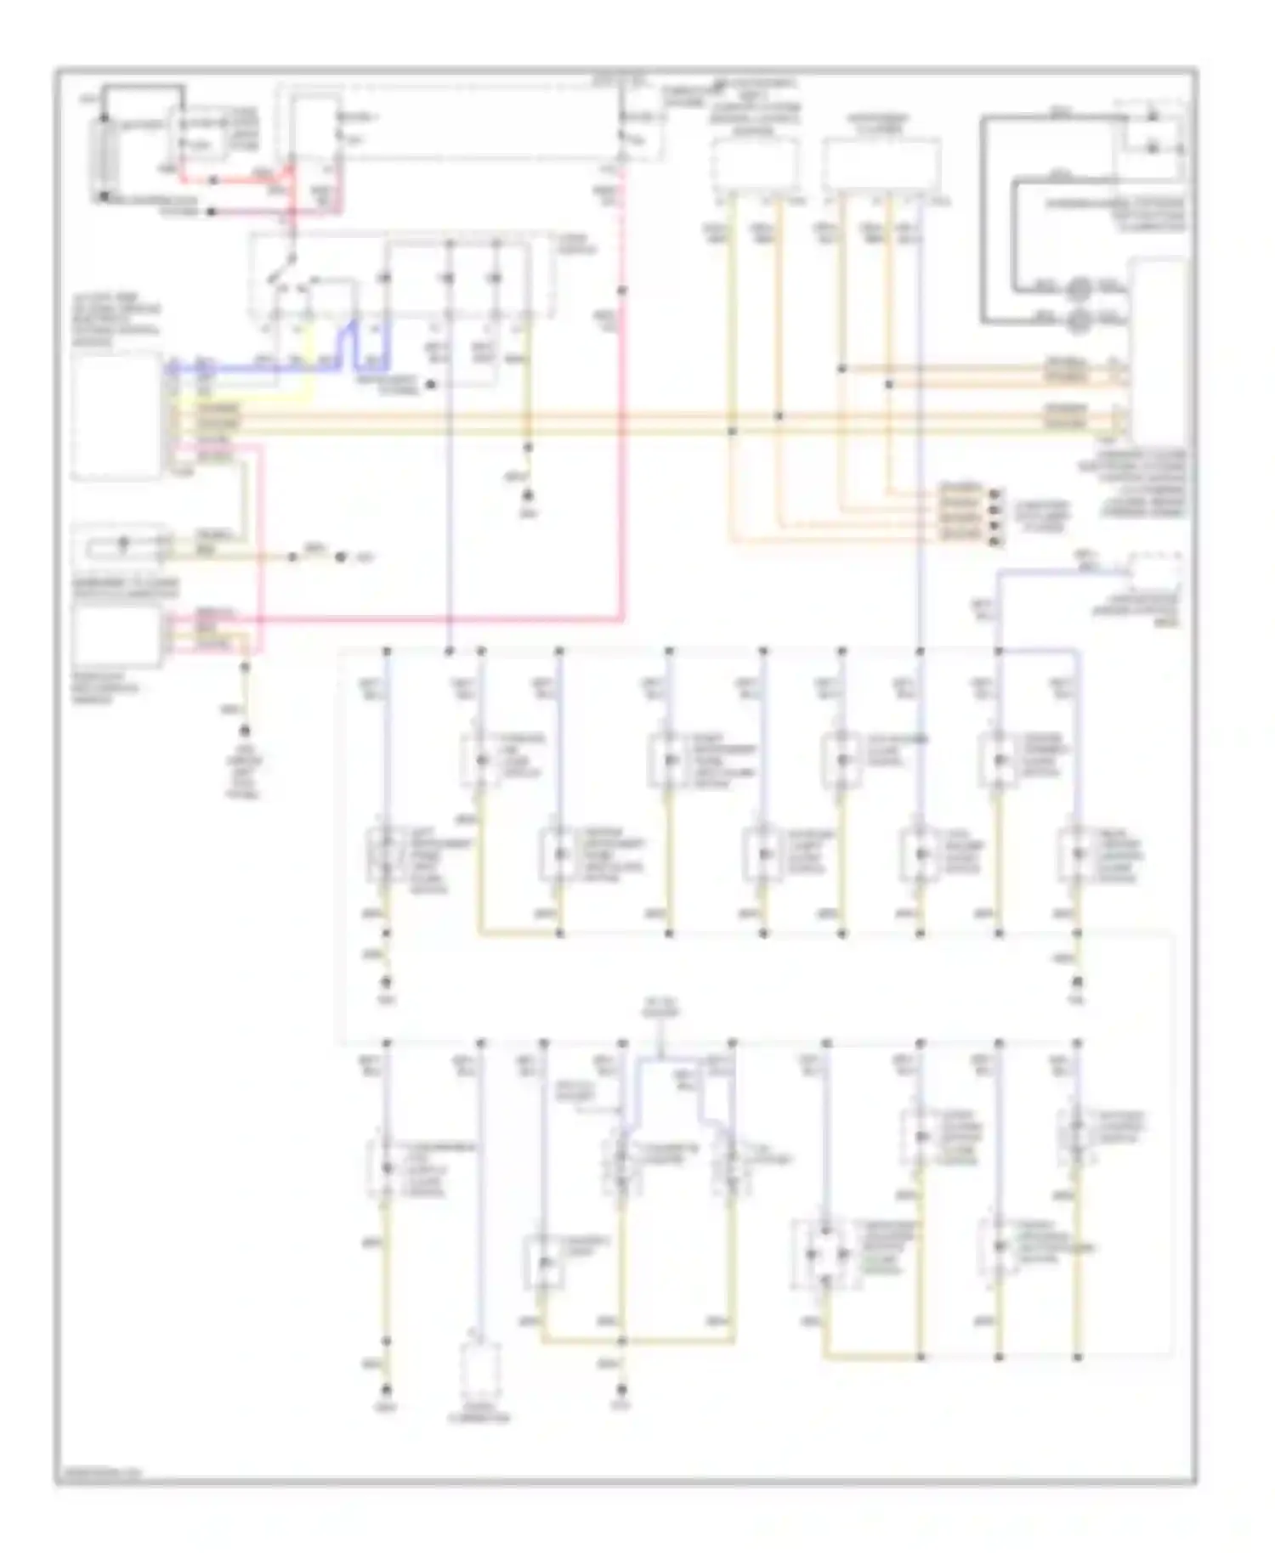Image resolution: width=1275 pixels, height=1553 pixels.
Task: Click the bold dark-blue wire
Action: (255, 369)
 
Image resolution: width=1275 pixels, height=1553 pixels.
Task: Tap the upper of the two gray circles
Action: (1078, 290)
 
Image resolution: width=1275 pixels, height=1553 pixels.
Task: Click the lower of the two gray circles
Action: (1078, 319)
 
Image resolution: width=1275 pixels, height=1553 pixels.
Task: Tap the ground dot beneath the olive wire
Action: (528, 496)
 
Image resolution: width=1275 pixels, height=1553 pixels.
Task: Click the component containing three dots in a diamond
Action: (823, 1254)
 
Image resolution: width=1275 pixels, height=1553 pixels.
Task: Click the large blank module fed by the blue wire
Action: (116, 416)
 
